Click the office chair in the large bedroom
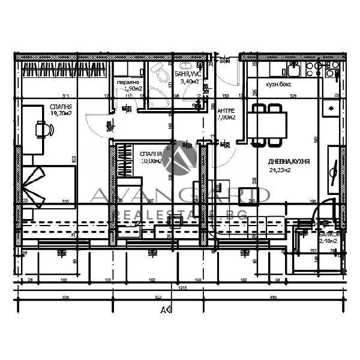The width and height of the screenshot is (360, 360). (x=43, y=128)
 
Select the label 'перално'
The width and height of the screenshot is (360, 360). (x=128, y=82)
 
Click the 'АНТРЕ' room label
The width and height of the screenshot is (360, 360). (x=226, y=111)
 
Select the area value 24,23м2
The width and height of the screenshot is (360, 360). (x=289, y=170)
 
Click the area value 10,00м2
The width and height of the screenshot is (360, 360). (x=150, y=160)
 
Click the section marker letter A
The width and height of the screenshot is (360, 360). (x=162, y=310)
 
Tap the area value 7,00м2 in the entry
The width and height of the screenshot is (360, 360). (x=226, y=118)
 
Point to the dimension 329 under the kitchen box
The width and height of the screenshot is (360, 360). (x=293, y=95)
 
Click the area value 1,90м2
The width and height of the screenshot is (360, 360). (x=133, y=89)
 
